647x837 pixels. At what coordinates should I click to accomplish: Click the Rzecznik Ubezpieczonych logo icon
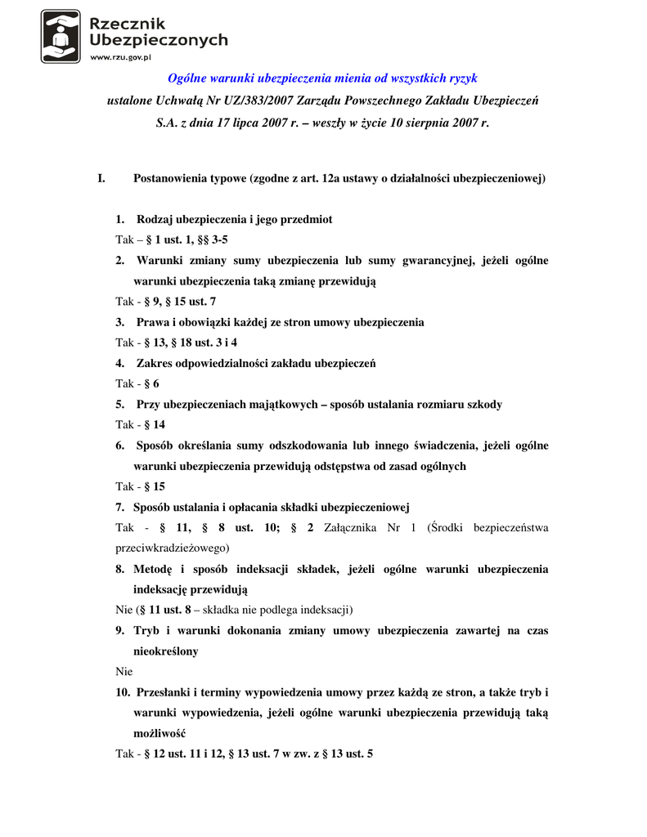(x=61, y=36)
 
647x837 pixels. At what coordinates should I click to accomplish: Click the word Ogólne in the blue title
(x=187, y=78)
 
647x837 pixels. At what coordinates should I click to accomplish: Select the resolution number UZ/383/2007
(x=250, y=101)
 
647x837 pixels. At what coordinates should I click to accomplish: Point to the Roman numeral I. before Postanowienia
(x=101, y=178)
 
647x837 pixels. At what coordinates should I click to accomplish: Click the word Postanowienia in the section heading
(x=170, y=178)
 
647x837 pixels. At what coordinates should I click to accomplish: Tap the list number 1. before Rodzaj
(x=120, y=220)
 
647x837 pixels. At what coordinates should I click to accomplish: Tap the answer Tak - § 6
(x=137, y=383)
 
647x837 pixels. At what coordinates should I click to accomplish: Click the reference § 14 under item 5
(x=155, y=425)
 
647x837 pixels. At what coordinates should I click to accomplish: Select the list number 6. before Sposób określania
(x=120, y=445)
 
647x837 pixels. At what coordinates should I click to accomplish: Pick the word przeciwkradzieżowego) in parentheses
(x=172, y=548)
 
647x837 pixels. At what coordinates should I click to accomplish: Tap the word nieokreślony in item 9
(x=166, y=651)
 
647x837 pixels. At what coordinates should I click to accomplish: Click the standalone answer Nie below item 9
(x=124, y=672)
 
